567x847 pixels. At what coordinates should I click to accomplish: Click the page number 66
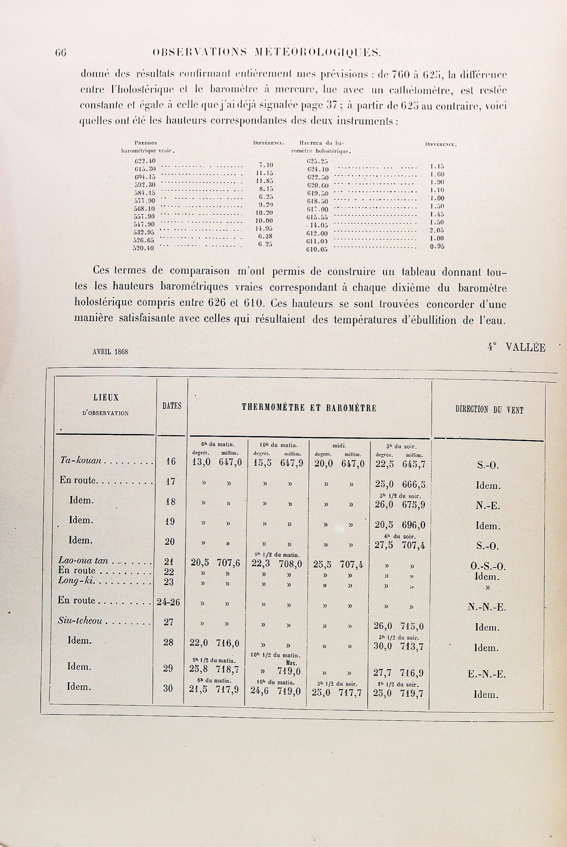point(61,52)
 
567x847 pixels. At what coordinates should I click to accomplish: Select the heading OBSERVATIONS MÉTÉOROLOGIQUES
point(267,52)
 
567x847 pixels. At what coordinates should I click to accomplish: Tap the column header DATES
point(172,406)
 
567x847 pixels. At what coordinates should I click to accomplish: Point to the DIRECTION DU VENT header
point(489,410)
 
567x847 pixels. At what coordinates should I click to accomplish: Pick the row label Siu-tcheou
point(80,621)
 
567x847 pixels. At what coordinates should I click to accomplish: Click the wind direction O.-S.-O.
point(488,567)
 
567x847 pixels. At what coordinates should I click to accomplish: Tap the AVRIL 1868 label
point(110,352)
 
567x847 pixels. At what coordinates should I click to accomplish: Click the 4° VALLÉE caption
point(516,347)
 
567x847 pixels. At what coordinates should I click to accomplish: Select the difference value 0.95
point(437,247)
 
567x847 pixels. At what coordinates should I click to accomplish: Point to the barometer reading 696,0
point(413,525)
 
